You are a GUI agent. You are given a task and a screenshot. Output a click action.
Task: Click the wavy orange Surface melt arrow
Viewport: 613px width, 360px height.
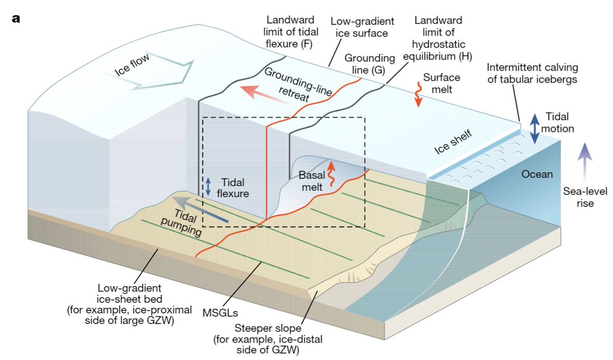coord(418,95)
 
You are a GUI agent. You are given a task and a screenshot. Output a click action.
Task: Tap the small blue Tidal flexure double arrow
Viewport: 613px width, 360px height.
coord(208,186)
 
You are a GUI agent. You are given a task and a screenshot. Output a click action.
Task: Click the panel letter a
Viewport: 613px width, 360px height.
coord(16,19)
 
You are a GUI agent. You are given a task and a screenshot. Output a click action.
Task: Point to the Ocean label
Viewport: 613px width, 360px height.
coord(537,175)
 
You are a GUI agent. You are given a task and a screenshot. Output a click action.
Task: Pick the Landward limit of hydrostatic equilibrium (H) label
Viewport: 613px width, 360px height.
coord(438,38)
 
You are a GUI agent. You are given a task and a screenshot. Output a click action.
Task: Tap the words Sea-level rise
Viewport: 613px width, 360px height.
coord(578,197)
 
